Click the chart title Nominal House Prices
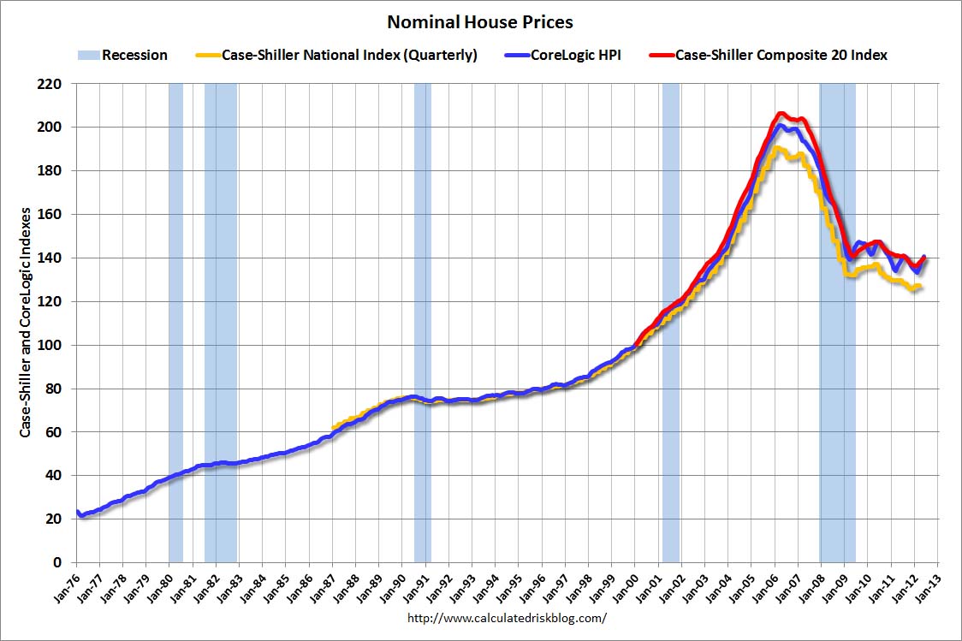(x=480, y=21)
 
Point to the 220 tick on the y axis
(x=53, y=84)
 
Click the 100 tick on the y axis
(x=53, y=345)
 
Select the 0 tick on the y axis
(x=60, y=562)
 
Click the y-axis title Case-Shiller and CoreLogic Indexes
(x=26, y=322)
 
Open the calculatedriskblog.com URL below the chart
(x=507, y=617)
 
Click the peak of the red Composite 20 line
(x=780, y=113)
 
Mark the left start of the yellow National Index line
(x=333, y=428)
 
